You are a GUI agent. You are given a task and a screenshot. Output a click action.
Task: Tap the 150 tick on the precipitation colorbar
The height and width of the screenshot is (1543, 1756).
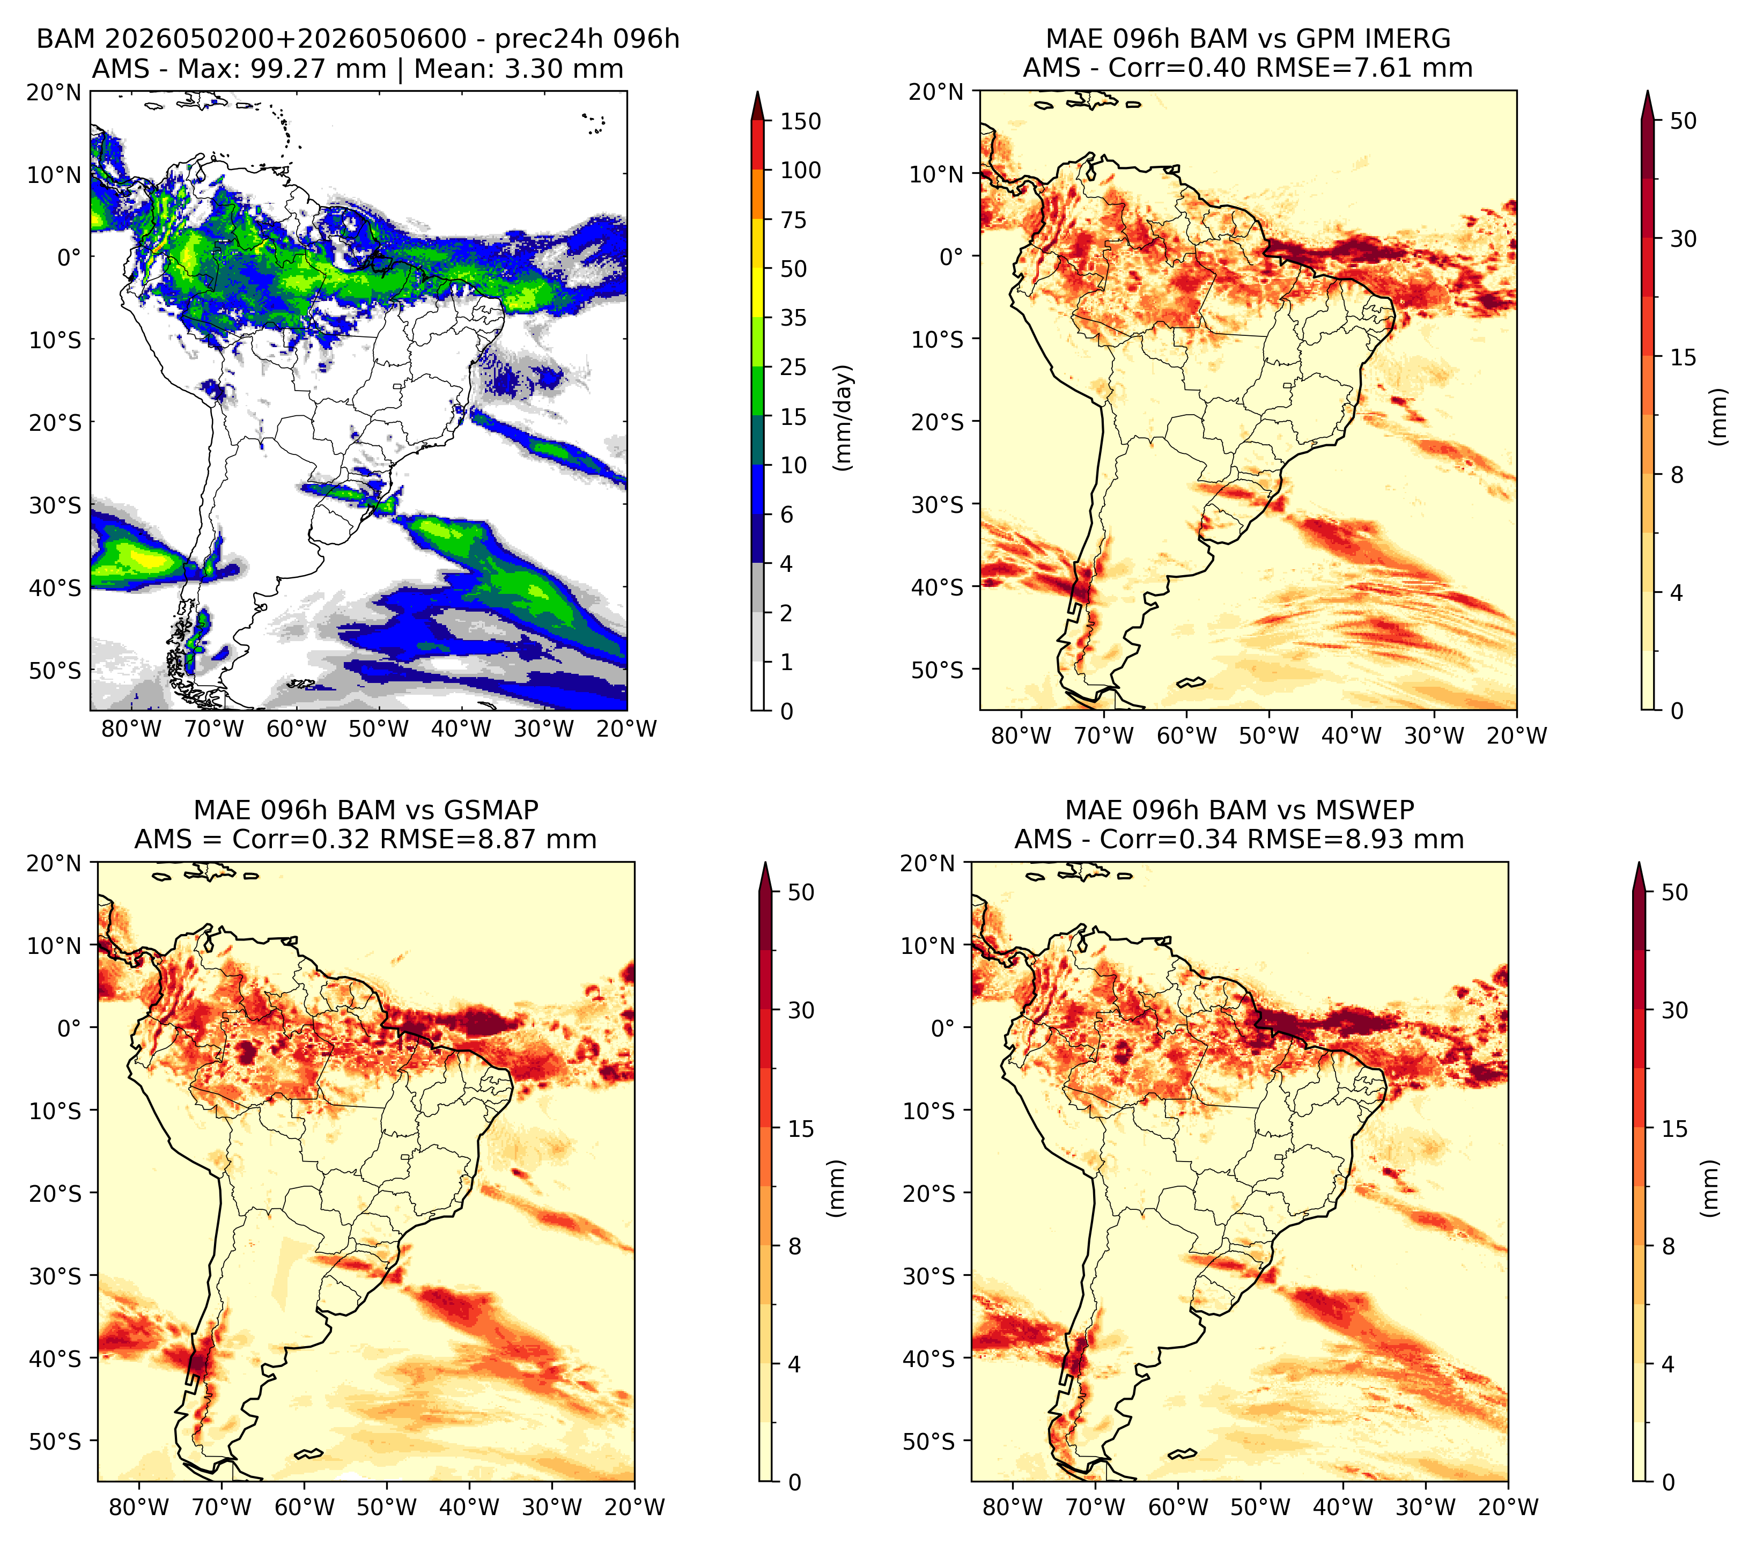(801, 121)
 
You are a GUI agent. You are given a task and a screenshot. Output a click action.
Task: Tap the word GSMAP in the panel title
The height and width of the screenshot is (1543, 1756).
(491, 810)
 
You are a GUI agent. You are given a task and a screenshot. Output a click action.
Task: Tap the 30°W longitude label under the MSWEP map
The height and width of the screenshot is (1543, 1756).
(1426, 1507)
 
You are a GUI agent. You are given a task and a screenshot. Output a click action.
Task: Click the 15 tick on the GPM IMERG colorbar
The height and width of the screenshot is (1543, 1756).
(1684, 357)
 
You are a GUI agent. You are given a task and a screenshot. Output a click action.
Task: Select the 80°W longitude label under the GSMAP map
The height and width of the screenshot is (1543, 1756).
(140, 1507)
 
